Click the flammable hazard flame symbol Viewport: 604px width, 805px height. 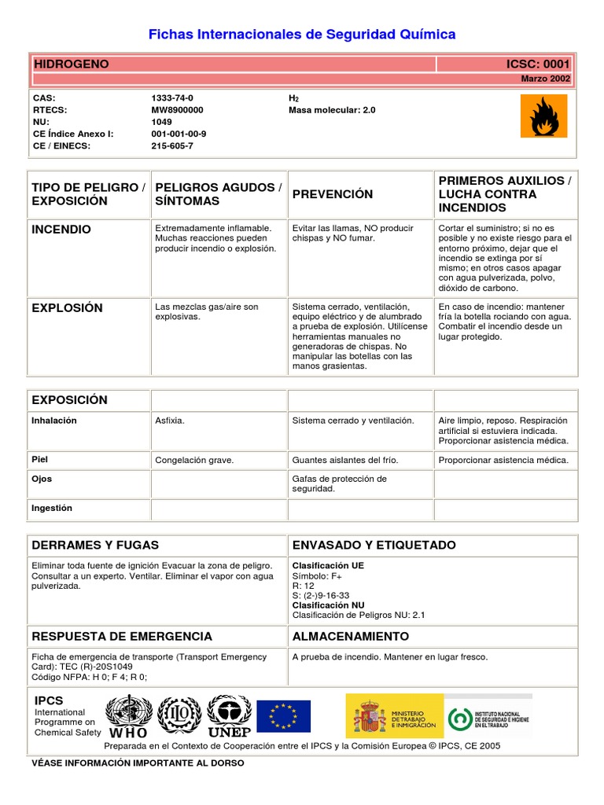click(543, 116)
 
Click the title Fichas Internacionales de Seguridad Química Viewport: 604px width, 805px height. click(302, 35)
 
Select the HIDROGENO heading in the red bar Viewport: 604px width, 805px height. click(71, 64)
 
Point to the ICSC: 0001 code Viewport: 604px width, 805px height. click(539, 64)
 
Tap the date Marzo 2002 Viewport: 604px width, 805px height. click(546, 79)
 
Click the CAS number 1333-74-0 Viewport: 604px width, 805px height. click(172, 98)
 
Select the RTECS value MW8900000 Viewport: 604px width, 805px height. click(178, 110)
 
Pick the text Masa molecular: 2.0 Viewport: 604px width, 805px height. click(332, 110)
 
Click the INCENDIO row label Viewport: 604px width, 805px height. click(61, 230)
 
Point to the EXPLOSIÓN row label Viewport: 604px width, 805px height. click(67, 307)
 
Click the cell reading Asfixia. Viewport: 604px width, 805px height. click(170, 421)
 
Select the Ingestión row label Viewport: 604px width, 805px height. click(52, 508)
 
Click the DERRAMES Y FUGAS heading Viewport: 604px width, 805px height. click(95, 545)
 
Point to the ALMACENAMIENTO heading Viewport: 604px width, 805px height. click(350, 636)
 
